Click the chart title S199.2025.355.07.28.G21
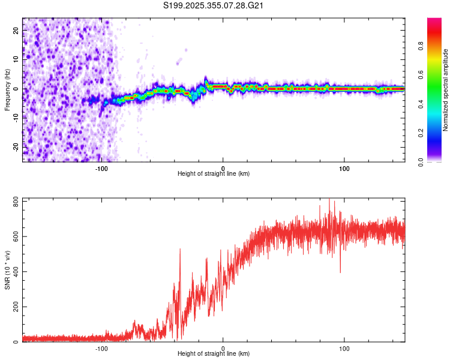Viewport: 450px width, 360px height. (x=214, y=6)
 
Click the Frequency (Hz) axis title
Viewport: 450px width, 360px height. (x=7, y=89)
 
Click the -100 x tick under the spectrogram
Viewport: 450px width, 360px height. (x=101, y=167)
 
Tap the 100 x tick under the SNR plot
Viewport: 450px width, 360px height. (x=344, y=347)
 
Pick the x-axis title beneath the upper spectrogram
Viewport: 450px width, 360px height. (x=214, y=174)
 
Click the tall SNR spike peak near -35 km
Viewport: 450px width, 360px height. (x=180, y=249)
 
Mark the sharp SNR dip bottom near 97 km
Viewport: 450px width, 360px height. (x=340, y=272)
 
